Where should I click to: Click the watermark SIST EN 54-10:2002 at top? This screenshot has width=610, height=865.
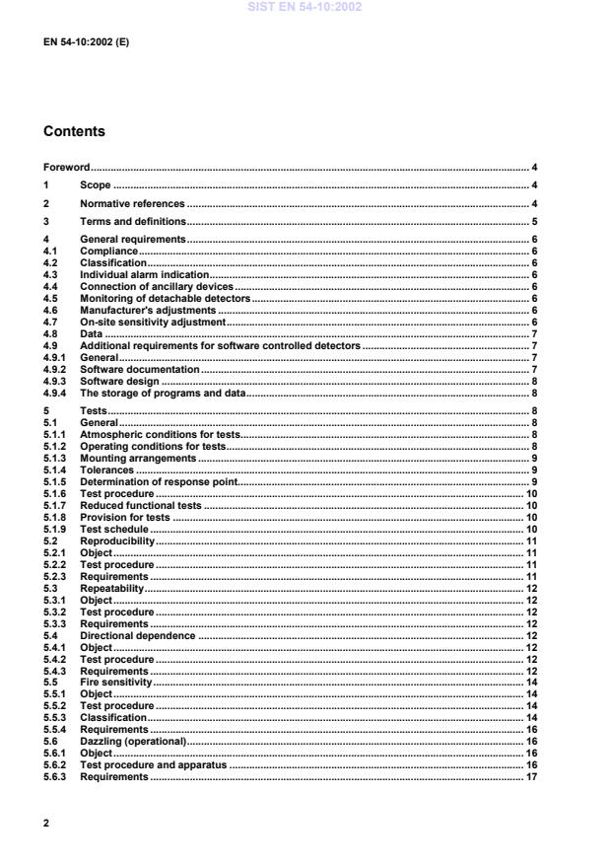point(305,7)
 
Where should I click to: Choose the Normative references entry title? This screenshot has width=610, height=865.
point(132,203)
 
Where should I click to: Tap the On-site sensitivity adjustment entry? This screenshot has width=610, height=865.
point(153,322)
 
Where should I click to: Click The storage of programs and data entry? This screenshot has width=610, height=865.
point(163,393)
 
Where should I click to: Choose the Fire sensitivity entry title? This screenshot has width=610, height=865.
point(115,683)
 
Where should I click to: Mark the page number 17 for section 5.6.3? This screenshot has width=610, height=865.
point(530,777)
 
